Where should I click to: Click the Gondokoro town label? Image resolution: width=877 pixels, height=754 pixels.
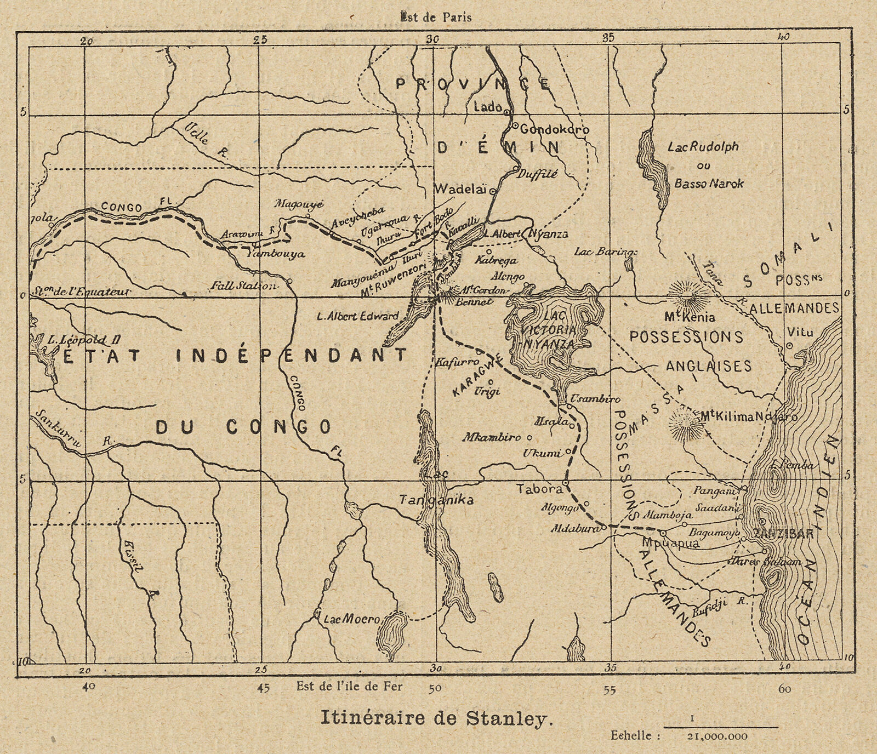click(x=554, y=130)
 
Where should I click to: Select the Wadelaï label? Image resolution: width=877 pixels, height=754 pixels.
click(x=460, y=189)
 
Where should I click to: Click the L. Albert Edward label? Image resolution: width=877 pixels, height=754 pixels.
click(x=358, y=316)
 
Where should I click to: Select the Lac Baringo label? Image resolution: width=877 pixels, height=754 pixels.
click(x=606, y=252)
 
